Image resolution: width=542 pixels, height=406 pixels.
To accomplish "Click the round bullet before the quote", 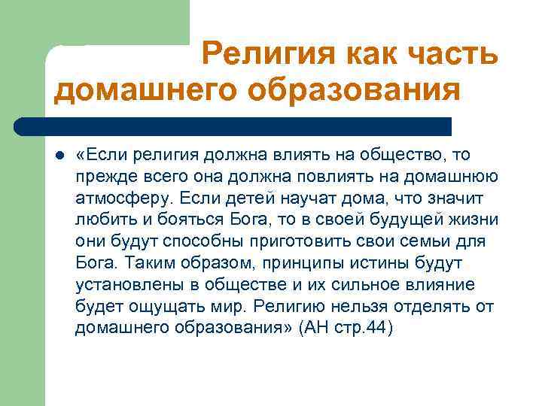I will (59, 156).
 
